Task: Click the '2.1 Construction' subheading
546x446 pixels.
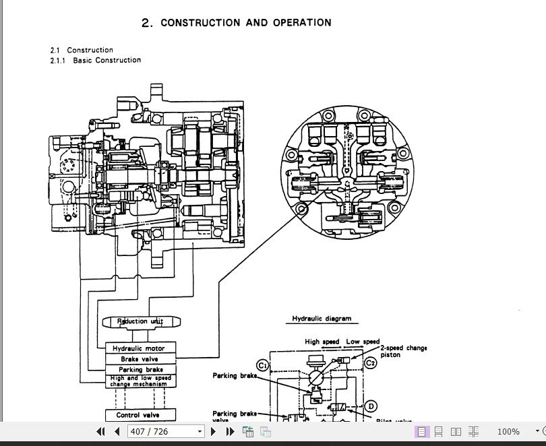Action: pos(82,50)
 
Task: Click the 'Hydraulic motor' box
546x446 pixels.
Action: pos(140,348)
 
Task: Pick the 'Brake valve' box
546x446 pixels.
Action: pos(140,359)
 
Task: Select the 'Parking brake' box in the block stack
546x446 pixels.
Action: pos(140,370)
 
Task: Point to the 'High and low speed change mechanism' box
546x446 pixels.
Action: pos(140,381)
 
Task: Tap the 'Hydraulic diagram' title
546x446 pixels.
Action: pos(321,319)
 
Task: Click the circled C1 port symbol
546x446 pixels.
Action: pos(264,364)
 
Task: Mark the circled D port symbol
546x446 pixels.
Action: pos(371,406)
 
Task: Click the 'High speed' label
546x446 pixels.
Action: pos(322,342)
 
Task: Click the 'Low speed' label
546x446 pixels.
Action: pos(363,342)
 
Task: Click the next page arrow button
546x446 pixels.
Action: pos(214,432)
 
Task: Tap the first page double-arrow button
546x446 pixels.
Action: pos(101,432)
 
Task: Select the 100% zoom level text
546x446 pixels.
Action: pos(508,432)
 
